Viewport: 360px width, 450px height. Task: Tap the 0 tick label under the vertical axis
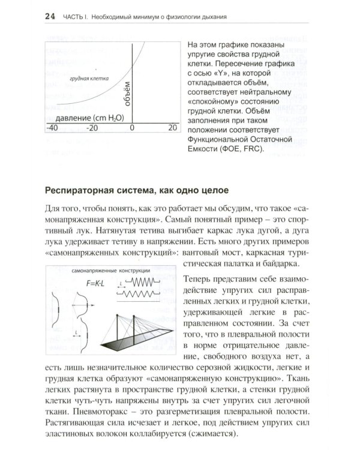click(132, 128)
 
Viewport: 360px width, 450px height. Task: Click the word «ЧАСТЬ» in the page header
click(74, 16)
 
